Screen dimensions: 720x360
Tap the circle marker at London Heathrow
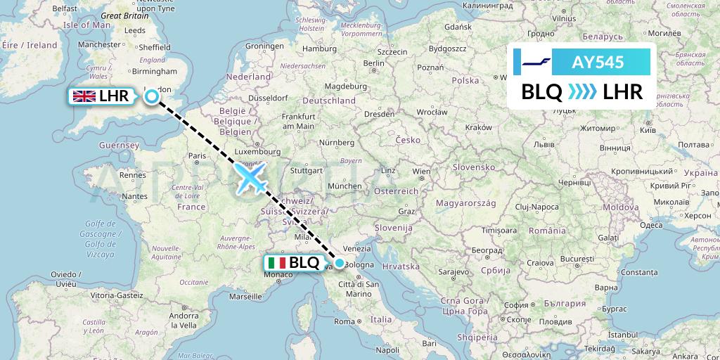151,97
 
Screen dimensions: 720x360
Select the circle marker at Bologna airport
340,264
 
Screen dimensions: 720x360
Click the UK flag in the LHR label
84,96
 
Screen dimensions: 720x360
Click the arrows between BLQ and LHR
581,91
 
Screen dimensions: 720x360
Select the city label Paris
197,155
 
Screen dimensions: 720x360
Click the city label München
344,186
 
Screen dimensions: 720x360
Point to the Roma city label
344,321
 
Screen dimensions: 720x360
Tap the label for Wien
421,172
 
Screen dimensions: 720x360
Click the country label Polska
465,81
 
